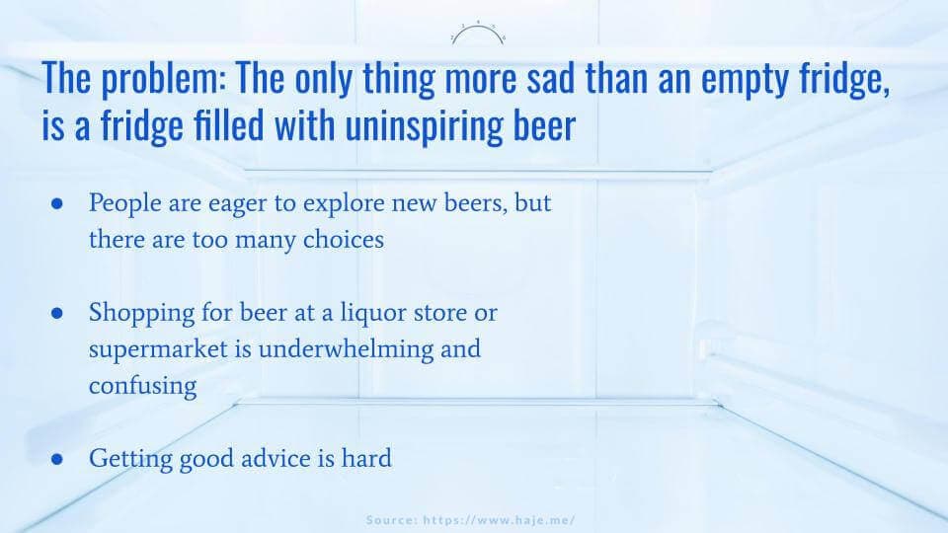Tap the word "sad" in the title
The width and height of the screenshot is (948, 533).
550,78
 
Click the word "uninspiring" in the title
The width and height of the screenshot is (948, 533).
424,126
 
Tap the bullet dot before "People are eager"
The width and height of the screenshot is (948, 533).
57,204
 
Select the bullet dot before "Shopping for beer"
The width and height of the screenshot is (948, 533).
57,313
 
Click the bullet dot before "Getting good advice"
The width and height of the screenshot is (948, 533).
57,459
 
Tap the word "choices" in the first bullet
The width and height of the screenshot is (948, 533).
344,239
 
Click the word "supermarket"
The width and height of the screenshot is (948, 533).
158,349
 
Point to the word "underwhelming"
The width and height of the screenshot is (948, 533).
346,349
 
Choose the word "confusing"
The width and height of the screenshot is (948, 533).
142,387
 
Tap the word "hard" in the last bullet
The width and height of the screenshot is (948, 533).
366,458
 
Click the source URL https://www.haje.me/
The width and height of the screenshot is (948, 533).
499,520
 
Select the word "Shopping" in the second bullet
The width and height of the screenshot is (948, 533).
141,314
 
